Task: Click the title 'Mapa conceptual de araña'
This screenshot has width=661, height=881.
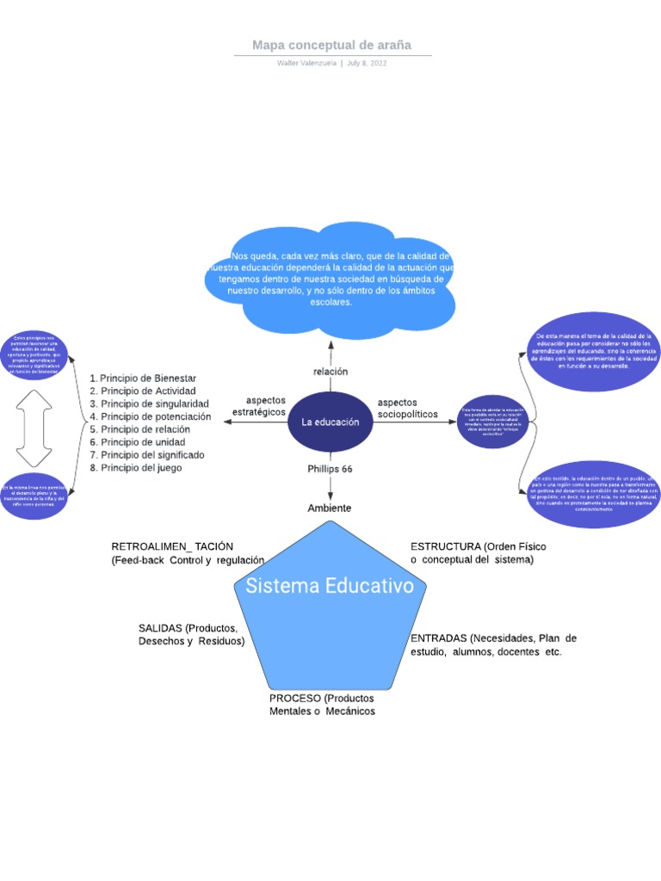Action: tap(331, 45)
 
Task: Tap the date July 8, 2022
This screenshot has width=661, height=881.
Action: tap(368, 64)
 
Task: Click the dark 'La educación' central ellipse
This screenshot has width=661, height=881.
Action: tap(330, 422)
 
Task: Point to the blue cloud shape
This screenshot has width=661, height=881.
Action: tap(331, 279)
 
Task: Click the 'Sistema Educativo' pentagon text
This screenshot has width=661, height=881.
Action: tap(330, 586)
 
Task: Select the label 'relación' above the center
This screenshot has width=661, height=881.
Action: tap(330, 372)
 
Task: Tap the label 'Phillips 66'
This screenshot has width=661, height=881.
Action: tap(330, 469)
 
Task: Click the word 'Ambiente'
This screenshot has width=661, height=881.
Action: tap(330, 508)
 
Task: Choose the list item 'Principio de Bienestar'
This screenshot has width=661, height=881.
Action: tap(148, 378)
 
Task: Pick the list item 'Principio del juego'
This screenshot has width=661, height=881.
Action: tap(141, 467)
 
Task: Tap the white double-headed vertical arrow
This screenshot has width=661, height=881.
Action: tap(34, 428)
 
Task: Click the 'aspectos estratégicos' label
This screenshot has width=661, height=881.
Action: tap(259, 406)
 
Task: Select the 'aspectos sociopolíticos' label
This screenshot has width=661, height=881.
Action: tap(407, 408)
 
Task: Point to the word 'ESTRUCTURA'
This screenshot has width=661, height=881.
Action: tap(445, 546)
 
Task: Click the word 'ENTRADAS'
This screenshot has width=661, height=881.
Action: tap(438, 638)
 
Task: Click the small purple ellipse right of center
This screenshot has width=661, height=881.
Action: tap(492, 422)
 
